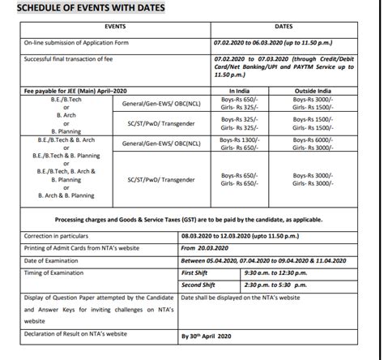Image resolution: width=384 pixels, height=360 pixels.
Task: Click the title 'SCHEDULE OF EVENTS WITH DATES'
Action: (85, 9)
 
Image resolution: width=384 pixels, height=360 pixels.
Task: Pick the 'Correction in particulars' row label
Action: (48, 234)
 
